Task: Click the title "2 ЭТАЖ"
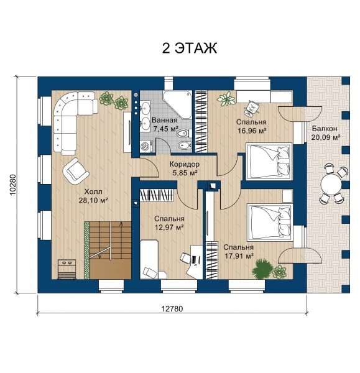click(x=190, y=48)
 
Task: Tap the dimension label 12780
click(x=172, y=308)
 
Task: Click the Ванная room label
click(x=165, y=120)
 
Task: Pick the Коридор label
click(x=185, y=164)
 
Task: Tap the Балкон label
click(x=325, y=129)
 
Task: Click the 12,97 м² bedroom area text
click(x=169, y=228)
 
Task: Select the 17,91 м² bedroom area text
click(x=238, y=256)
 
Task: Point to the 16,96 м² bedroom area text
click(x=251, y=131)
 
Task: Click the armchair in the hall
click(x=75, y=170)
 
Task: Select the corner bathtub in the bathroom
click(x=177, y=104)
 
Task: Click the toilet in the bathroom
click(x=184, y=134)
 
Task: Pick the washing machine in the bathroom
click(x=146, y=146)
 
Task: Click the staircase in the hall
click(x=108, y=251)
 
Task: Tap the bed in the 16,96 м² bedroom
click(x=269, y=160)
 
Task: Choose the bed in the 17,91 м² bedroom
click(x=270, y=221)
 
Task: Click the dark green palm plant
click(x=262, y=270)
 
